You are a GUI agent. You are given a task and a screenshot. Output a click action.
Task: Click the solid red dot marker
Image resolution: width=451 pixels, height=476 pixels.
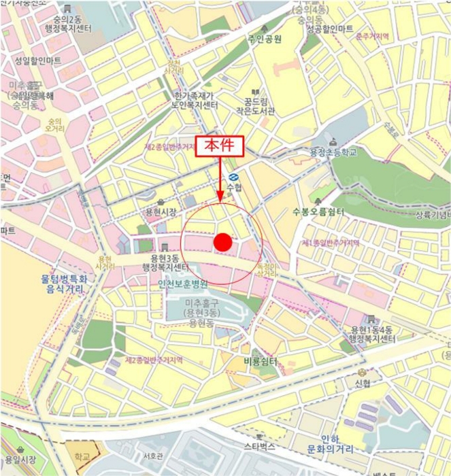(223, 242)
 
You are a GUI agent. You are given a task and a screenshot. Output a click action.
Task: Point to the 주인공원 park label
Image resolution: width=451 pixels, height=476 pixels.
(265, 39)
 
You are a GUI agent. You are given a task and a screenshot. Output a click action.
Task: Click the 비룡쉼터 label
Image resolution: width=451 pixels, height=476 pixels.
(261, 362)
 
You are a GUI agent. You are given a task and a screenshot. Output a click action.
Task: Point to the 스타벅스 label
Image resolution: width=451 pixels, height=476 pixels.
(259, 447)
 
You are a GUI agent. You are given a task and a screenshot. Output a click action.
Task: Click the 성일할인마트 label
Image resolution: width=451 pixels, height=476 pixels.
(37, 61)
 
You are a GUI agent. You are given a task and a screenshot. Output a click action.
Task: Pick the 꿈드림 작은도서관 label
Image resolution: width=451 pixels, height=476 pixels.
(256, 106)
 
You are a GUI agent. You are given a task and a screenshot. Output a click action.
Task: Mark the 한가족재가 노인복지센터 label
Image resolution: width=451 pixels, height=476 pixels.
(195, 101)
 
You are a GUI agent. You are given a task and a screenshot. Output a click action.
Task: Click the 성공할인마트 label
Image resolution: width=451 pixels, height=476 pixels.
(329, 29)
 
